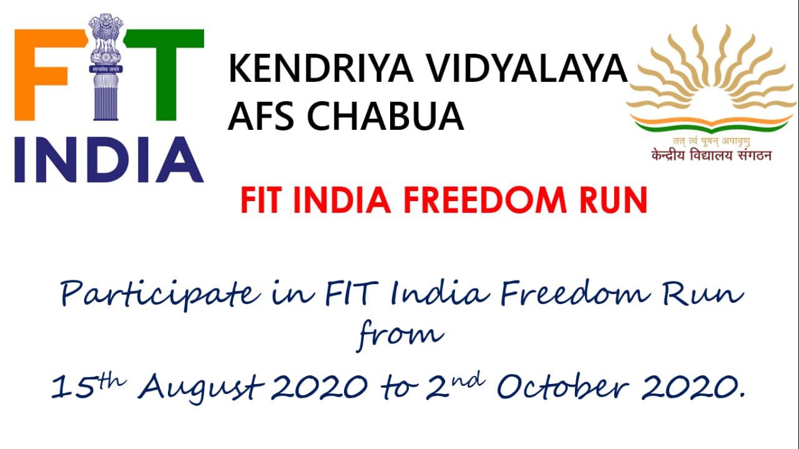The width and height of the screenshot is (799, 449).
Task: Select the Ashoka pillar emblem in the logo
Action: click(105, 67)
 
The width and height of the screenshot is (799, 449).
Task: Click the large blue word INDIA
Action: click(109, 159)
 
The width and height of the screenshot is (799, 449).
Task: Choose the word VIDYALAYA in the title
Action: click(527, 68)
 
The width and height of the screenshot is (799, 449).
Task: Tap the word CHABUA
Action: click(385, 116)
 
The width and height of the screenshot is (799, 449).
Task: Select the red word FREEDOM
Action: click(485, 200)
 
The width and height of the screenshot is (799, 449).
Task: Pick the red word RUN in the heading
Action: click(613, 200)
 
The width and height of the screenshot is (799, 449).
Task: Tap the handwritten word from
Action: click(401, 335)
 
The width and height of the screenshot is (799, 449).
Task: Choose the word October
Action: click(563, 386)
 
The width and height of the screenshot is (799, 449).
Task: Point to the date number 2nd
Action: click(456, 385)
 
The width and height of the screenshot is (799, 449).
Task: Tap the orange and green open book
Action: click(712, 122)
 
